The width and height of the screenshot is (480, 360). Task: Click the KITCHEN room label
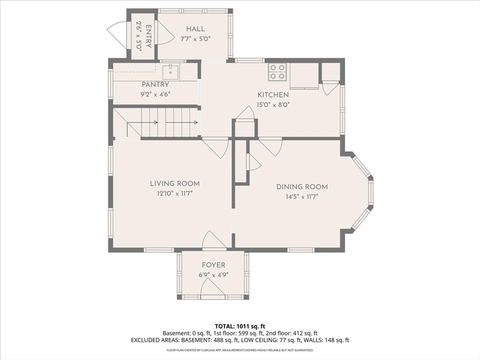click(x=273, y=95)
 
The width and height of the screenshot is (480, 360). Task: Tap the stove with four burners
click(x=277, y=72)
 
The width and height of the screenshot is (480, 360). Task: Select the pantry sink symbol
click(x=170, y=72)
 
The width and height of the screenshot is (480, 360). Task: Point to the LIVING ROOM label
click(x=175, y=184)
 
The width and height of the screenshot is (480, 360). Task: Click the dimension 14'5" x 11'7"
click(x=302, y=197)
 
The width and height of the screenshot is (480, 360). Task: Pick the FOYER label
click(x=213, y=265)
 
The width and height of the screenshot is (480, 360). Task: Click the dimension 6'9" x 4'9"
click(x=213, y=275)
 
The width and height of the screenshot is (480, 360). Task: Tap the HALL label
click(x=195, y=29)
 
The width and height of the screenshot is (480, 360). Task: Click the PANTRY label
click(x=155, y=84)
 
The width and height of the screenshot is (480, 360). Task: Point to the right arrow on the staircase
click(x=182, y=123)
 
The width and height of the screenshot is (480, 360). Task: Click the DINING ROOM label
click(x=302, y=187)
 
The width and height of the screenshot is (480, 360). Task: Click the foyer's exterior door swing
click(x=213, y=288)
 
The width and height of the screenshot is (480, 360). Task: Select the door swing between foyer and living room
click(x=214, y=239)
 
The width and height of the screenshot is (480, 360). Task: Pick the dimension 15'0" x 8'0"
click(x=273, y=105)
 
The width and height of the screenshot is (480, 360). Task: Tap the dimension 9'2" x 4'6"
click(x=155, y=94)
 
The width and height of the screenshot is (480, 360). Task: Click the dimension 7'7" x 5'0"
click(x=195, y=39)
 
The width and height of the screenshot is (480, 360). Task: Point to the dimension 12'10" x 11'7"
click(x=175, y=194)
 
